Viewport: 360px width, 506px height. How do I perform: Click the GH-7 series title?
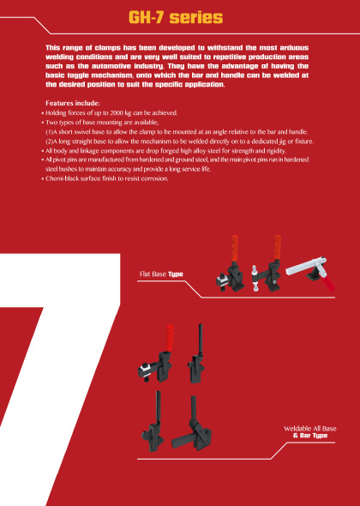(x=176, y=17)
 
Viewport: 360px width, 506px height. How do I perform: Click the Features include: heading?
(x=73, y=103)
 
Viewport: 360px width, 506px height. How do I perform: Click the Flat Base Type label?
(x=161, y=274)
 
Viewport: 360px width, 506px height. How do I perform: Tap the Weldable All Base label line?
(x=310, y=429)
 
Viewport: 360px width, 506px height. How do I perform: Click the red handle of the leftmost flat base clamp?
(x=235, y=248)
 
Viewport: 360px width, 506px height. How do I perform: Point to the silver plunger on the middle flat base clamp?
(x=255, y=278)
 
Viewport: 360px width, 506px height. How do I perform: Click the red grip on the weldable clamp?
(x=169, y=338)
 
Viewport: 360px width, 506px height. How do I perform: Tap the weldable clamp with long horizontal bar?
(x=191, y=425)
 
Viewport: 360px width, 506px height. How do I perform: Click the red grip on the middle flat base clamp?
(x=277, y=246)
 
